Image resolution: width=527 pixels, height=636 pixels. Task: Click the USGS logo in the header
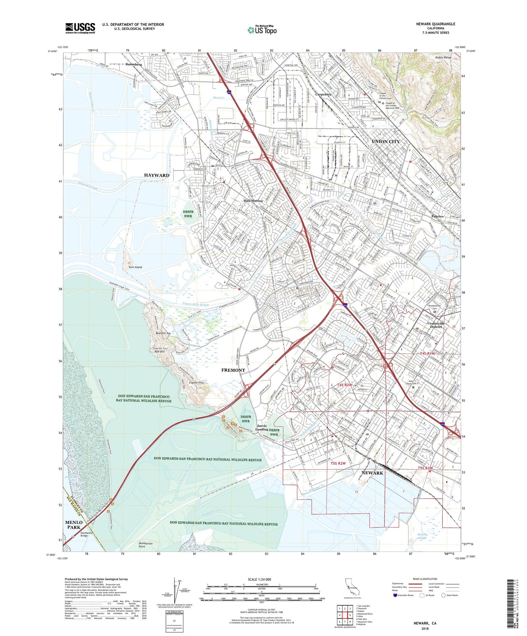tap(80, 28)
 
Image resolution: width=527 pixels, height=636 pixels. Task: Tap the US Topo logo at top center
tap(261, 30)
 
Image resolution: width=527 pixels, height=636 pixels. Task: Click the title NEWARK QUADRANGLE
tap(435, 24)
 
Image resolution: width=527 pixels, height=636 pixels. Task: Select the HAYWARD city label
tap(157, 175)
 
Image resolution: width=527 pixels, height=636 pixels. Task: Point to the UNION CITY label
tap(385, 141)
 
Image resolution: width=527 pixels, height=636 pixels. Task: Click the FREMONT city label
tap(233, 370)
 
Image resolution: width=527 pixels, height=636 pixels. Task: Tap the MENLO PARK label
tap(74, 525)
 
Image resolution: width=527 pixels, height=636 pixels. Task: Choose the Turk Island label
tap(135, 267)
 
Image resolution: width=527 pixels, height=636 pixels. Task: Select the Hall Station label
tap(253, 201)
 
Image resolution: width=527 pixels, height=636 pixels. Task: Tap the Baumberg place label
tap(133, 64)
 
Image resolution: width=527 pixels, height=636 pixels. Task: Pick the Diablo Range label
tap(443, 58)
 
